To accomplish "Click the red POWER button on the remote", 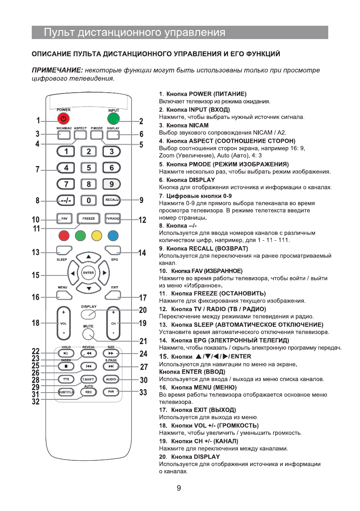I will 64,118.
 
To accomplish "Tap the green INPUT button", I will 114,119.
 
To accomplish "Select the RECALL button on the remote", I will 112,200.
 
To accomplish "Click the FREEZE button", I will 88,219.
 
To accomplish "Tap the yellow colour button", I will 97,236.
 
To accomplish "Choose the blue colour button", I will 113,236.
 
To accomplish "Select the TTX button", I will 66,380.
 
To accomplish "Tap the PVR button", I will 111,392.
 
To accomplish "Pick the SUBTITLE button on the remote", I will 66,392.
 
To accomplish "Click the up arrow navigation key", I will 88,257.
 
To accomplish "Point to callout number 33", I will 143,392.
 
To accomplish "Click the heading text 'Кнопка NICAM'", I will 188,125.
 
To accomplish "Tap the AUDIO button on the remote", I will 111,380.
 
